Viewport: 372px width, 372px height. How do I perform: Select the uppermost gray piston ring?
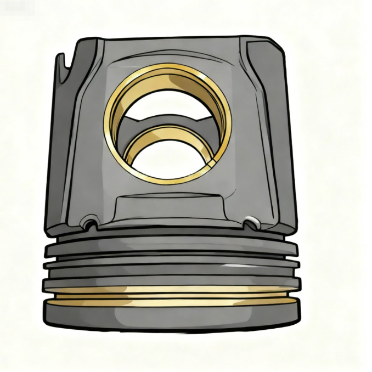[170, 246]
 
